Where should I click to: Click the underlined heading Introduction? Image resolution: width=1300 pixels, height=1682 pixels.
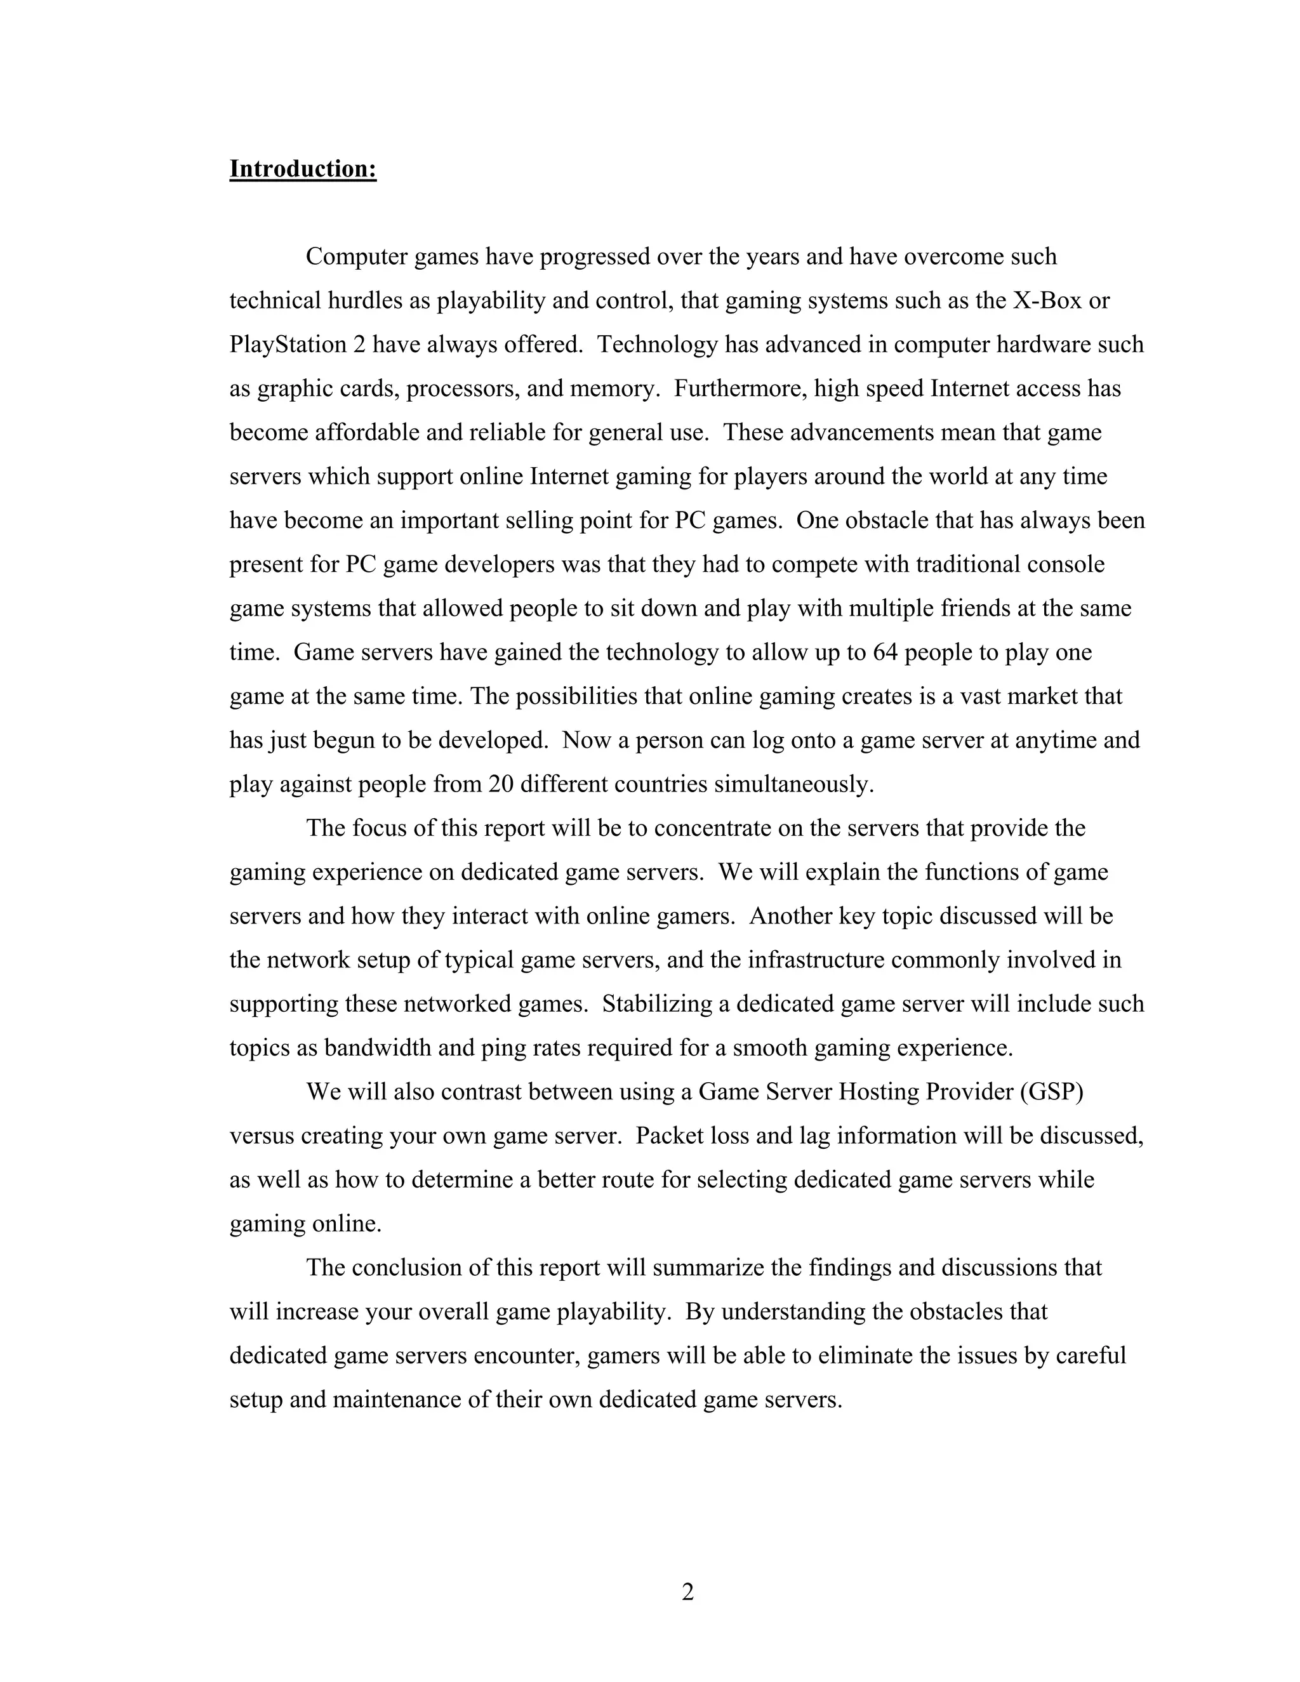[x=303, y=169]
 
